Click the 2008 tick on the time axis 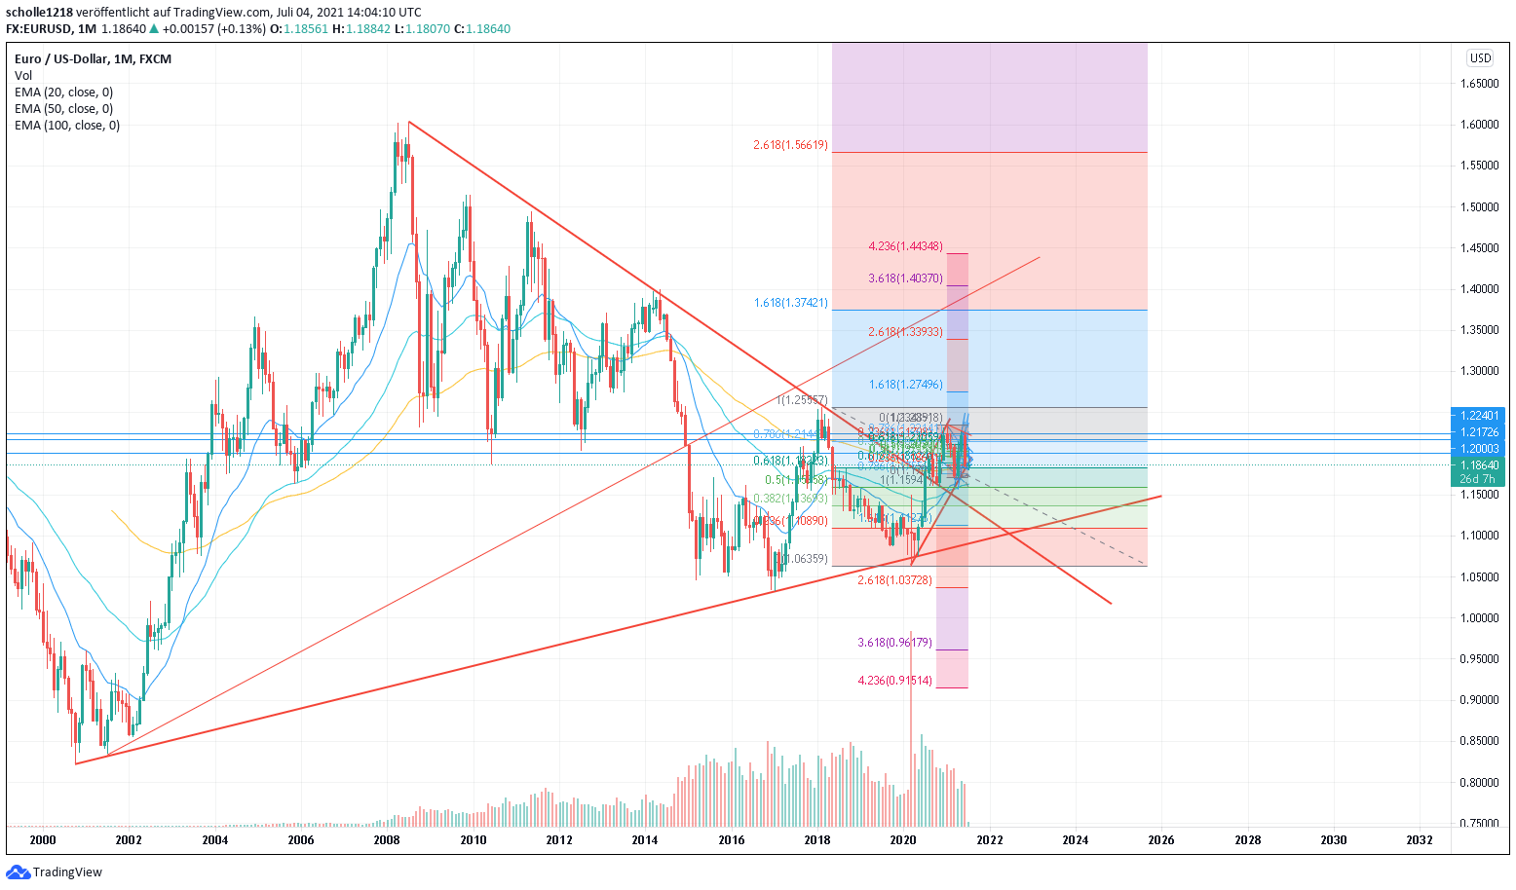tap(387, 840)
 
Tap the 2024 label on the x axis tap(1076, 840)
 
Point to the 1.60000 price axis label tap(1479, 125)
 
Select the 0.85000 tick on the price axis tap(1479, 741)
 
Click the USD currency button tap(1480, 58)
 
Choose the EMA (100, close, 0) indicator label tap(67, 126)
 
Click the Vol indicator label tap(23, 76)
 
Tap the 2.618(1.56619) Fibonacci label tap(790, 146)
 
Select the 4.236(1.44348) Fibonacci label tap(905, 247)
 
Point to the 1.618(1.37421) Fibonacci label tap(790, 304)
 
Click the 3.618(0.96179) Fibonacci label tap(894, 643)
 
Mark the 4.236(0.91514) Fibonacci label tap(894, 681)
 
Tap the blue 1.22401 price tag tap(1479, 415)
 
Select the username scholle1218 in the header tap(39, 13)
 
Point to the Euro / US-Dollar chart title tap(93, 59)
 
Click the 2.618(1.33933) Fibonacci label tap(905, 332)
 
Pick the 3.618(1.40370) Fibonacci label tap(905, 279)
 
